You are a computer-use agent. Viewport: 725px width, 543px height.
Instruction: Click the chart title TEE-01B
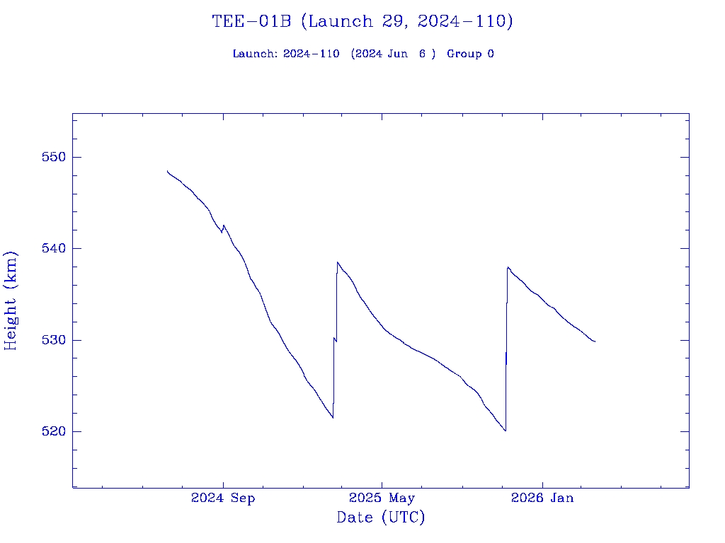pos(251,22)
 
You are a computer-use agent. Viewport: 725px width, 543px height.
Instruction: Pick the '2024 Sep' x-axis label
pos(223,498)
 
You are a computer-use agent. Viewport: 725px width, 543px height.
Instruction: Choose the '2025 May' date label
pos(382,498)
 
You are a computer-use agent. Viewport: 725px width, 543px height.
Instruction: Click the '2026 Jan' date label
pos(542,498)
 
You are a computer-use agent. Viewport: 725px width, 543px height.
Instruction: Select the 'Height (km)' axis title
pos(11,300)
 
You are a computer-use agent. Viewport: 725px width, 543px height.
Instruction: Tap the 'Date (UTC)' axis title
pos(381,518)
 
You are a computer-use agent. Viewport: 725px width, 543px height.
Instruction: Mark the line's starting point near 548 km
pos(168,171)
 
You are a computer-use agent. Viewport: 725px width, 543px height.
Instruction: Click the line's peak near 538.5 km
pos(338,262)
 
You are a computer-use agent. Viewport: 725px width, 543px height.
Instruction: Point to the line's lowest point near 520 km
pos(506,431)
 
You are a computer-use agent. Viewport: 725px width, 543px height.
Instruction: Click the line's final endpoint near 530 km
pos(595,341)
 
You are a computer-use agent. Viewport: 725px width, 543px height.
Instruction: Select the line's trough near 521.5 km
pos(333,417)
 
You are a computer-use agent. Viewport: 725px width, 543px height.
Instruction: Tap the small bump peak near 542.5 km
pos(224,226)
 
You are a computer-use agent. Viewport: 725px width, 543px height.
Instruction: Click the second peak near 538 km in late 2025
pos(508,267)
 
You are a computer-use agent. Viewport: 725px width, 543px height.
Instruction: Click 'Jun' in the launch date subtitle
pos(399,54)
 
